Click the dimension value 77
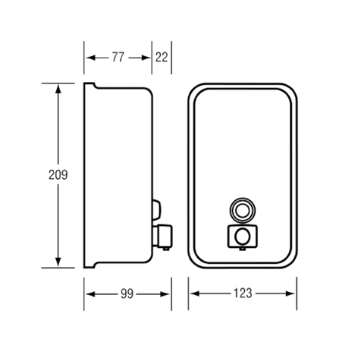(x=118, y=58)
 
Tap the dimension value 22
(x=162, y=58)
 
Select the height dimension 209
(x=58, y=174)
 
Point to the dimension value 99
(x=127, y=293)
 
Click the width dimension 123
(x=243, y=293)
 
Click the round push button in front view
(x=243, y=210)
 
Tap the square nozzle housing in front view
(x=243, y=237)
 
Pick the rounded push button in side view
(x=156, y=210)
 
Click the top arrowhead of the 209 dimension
(x=58, y=89)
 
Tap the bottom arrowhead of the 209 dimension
(x=58, y=262)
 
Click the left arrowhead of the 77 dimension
(x=91, y=58)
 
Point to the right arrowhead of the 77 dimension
(x=146, y=58)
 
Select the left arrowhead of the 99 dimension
(x=91, y=294)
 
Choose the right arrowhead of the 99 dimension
(x=165, y=294)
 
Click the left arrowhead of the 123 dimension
(x=195, y=293)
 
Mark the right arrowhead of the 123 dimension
(x=290, y=293)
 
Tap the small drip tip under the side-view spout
(x=166, y=249)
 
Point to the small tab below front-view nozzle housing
(x=243, y=249)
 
